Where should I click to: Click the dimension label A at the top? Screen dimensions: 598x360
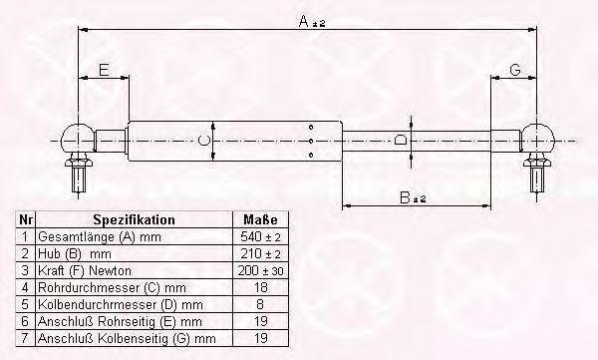[312, 21]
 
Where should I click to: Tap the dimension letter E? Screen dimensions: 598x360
[104, 70]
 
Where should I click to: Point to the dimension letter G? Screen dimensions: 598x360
[515, 70]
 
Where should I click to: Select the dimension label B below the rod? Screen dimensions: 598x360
[413, 197]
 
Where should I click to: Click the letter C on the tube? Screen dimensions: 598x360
[204, 141]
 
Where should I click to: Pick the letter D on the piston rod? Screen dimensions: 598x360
[401, 140]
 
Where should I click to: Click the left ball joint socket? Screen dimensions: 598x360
[78, 138]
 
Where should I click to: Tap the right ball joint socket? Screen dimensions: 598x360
[537, 138]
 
